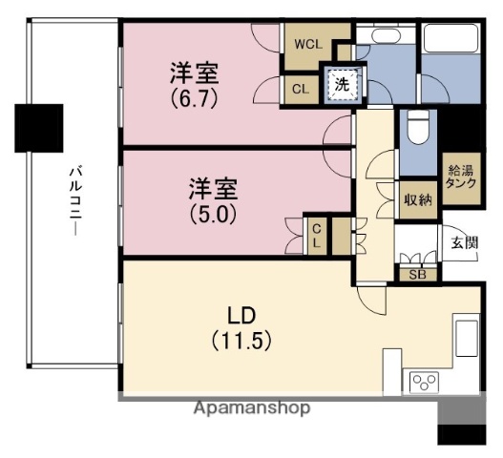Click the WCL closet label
[x=307, y=44]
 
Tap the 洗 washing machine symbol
[x=342, y=84]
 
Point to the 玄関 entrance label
[x=465, y=242]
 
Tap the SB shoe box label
[x=417, y=275]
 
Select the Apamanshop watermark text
[x=252, y=407]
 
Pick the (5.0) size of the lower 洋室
[x=211, y=215]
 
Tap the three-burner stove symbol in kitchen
[x=422, y=383]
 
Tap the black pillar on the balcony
[x=39, y=121]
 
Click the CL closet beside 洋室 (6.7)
[x=300, y=89]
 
